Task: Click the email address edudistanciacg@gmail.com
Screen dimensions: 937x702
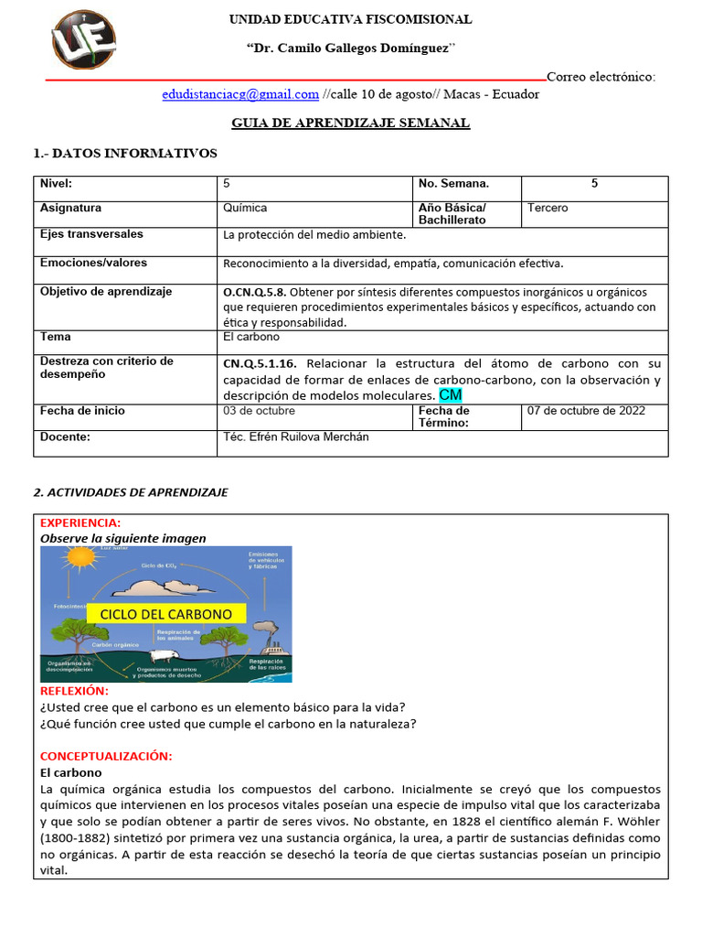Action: click(x=240, y=94)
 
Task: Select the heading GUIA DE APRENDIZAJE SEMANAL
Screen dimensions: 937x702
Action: click(x=351, y=123)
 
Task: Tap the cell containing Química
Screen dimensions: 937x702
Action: click(x=245, y=208)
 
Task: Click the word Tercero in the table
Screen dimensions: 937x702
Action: click(x=548, y=208)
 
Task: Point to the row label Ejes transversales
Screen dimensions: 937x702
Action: click(x=91, y=234)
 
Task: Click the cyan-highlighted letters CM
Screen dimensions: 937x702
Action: click(x=451, y=394)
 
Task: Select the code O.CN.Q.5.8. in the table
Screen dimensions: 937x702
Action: click(x=255, y=292)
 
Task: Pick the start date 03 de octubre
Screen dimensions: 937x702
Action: click(x=260, y=411)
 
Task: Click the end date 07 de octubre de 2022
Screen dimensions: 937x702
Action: click(x=586, y=411)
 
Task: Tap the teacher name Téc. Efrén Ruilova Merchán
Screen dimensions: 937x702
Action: click(x=295, y=437)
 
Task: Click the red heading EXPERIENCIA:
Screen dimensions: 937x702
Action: click(x=81, y=522)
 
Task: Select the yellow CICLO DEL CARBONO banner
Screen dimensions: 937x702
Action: click(x=165, y=614)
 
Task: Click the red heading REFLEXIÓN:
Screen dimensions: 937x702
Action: click(x=74, y=691)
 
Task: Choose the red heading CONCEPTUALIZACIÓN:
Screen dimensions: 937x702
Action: click(x=106, y=756)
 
